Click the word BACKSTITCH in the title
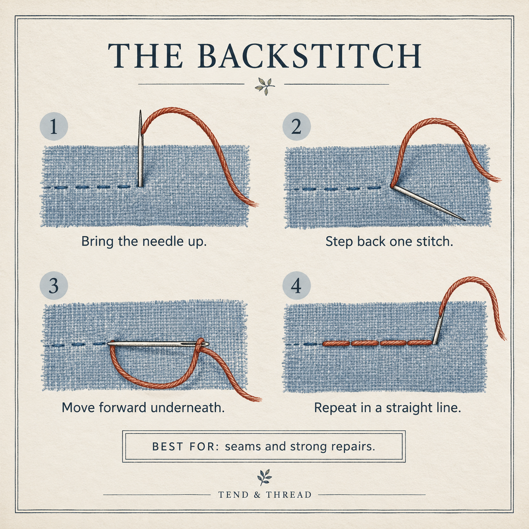(309, 56)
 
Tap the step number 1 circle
(54, 127)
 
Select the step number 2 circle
(297, 127)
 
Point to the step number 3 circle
(54, 285)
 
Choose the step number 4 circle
(297, 285)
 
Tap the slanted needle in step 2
(428, 203)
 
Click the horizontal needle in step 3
(158, 343)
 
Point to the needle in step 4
(438, 328)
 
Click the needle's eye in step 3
(202, 344)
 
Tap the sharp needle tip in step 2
(465, 220)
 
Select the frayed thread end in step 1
(253, 204)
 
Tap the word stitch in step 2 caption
(435, 241)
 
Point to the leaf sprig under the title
(264, 86)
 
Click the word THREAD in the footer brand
(289, 495)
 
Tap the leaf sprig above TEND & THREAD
(264, 477)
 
